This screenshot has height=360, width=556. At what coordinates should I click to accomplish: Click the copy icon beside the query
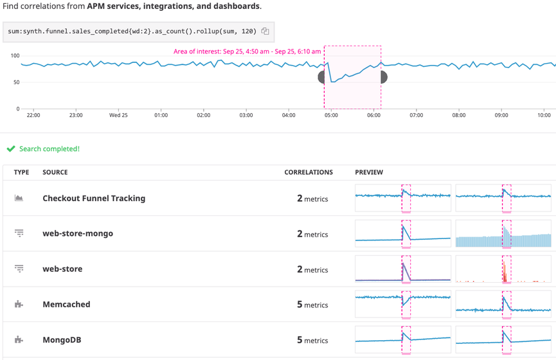265,31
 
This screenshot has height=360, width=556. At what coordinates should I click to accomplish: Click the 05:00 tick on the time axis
331,115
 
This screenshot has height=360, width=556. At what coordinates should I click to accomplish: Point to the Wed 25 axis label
118,115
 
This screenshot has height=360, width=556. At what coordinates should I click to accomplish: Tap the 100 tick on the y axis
14,56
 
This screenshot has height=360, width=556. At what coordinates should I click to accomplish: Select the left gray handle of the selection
322,77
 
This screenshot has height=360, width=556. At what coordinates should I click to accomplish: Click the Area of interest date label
247,51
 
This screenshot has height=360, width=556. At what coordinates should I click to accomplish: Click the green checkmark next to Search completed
11,148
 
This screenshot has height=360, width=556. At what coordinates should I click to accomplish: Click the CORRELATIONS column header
309,172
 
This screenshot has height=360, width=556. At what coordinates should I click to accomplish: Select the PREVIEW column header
369,172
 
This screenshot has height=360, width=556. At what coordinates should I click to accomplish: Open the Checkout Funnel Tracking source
94,198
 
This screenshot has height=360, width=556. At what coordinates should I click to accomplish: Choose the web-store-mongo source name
78,233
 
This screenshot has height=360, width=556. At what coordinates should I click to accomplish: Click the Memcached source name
66,304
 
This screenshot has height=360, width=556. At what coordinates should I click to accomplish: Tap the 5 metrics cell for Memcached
312,305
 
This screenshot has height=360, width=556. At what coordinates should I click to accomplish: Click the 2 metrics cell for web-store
312,269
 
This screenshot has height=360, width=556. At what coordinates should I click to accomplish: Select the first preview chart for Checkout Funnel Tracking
403,199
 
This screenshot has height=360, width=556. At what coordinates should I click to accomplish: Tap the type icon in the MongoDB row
19,339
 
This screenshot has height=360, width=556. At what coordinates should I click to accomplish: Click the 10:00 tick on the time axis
544,115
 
